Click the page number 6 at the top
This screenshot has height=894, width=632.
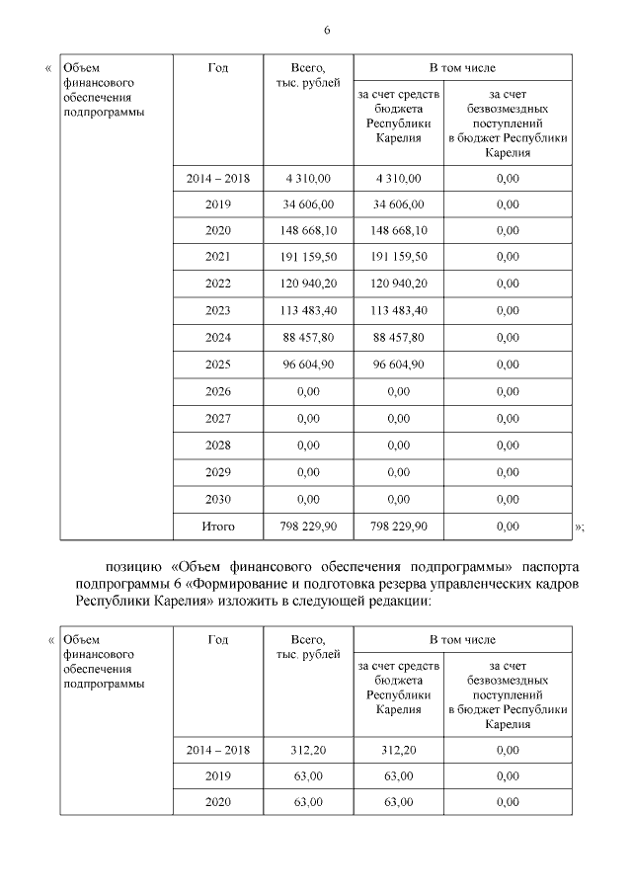pyautogui.click(x=326, y=30)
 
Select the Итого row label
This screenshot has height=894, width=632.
pyautogui.click(x=217, y=527)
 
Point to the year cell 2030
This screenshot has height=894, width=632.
pyautogui.click(x=217, y=499)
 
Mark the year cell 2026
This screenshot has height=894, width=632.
pyautogui.click(x=217, y=392)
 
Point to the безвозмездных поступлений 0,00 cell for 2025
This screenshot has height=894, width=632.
pyautogui.click(x=508, y=366)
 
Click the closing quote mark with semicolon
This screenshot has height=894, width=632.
pyautogui.click(x=579, y=528)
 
